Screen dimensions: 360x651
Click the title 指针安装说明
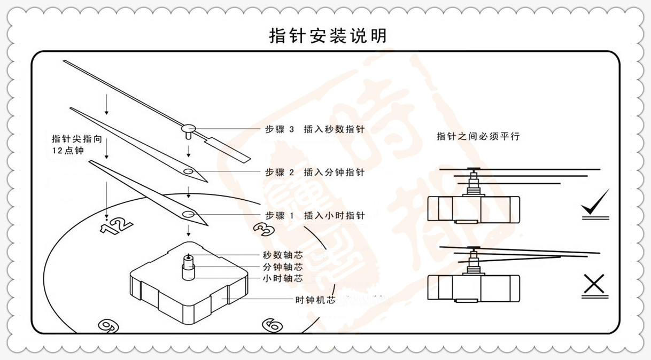[x=327, y=36]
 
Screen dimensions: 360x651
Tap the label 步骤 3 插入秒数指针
[x=315, y=129]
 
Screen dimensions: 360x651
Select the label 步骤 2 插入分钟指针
[x=315, y=173]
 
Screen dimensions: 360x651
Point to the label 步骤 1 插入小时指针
[x=315, y=216]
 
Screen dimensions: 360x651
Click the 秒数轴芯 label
[x=283, y=256]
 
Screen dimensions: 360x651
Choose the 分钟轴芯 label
[x=283, y=267]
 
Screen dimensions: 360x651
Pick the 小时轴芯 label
[x=283, y=278]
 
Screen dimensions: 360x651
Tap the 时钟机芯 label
[x=315, y=300]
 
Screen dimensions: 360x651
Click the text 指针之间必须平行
[x=478, y=136]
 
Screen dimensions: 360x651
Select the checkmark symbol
[x=595, y=205]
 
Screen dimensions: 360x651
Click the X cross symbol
[x=593, y=285]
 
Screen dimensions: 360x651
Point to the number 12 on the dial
[x=117, y=225]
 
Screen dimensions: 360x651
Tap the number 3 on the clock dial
[x=263, y=229]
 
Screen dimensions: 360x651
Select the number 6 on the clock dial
[x=272, y=325]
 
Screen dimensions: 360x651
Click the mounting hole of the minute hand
[x=188, y=171]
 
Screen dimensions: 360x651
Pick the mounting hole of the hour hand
[x=188, y=214]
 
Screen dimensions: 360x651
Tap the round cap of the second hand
[x=188, y=128]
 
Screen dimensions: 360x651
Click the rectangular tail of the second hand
[x=229, y=148]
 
